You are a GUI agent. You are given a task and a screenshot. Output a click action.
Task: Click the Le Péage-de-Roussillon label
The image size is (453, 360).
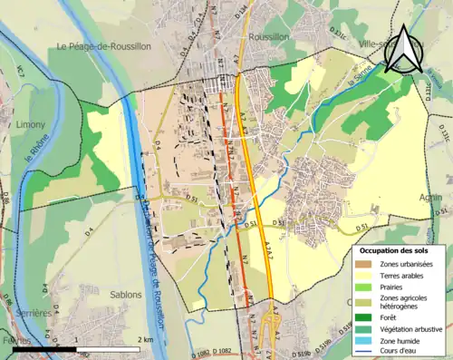coord(102,46)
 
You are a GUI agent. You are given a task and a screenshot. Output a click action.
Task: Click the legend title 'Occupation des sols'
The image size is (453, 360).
coord(395,248)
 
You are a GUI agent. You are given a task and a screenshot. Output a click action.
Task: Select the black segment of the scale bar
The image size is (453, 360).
coord(44,347)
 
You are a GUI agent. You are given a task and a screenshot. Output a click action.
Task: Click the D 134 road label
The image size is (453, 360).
coord(240,10)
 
